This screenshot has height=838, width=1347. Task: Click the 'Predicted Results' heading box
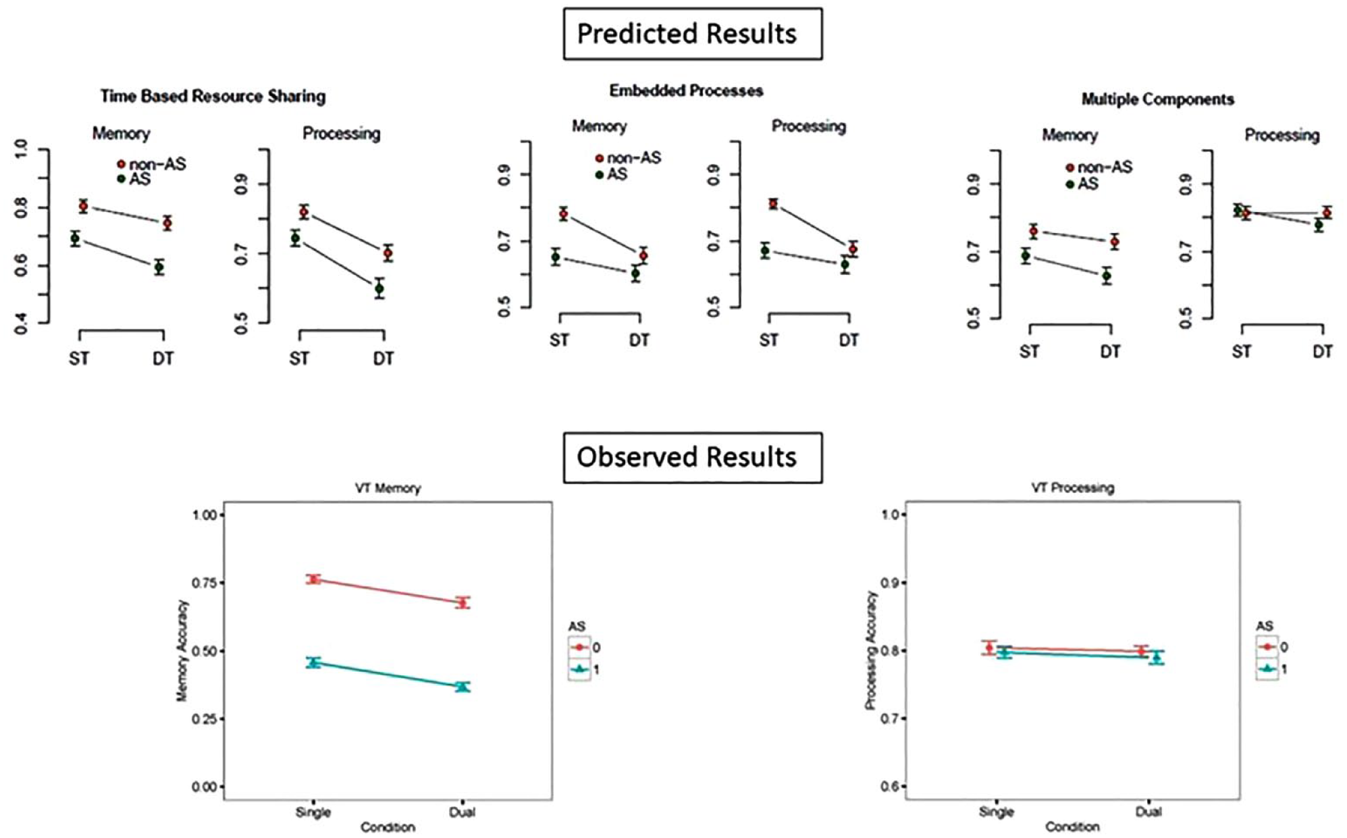(693, 34)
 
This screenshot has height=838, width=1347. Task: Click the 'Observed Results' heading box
(693, 457)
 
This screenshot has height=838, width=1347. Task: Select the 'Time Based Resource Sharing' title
(213, 97)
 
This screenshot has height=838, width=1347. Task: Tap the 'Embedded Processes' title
(686, 90)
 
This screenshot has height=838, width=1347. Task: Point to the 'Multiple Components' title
(1157, 99)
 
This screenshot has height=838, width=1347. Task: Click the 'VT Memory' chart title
(388, 488)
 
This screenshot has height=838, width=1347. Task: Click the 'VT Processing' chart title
(1072, 488)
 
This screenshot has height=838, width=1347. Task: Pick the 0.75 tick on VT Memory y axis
(205, 583)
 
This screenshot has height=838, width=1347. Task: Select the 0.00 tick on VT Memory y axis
(205, 787)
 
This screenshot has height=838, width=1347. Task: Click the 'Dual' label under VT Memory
(463, 812)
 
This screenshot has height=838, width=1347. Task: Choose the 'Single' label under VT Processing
(997, 812)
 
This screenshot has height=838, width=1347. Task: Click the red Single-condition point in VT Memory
(313, 579)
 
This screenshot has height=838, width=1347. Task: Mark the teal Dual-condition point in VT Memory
(463, 687)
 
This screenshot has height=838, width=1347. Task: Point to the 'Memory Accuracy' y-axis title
(182, 650)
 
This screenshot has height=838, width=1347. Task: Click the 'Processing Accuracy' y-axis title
(870, 650)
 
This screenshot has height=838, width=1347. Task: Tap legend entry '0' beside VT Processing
(1273, 647)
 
